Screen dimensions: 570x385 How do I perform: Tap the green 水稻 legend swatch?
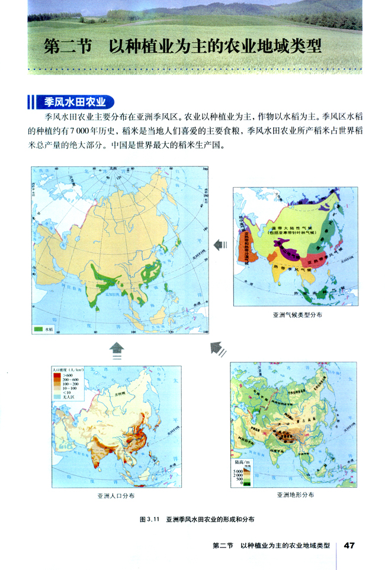[x=40, y=328]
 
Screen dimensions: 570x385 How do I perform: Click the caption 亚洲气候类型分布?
[x=294, y=315]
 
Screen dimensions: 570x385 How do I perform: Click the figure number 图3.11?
[x=146, y=519]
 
